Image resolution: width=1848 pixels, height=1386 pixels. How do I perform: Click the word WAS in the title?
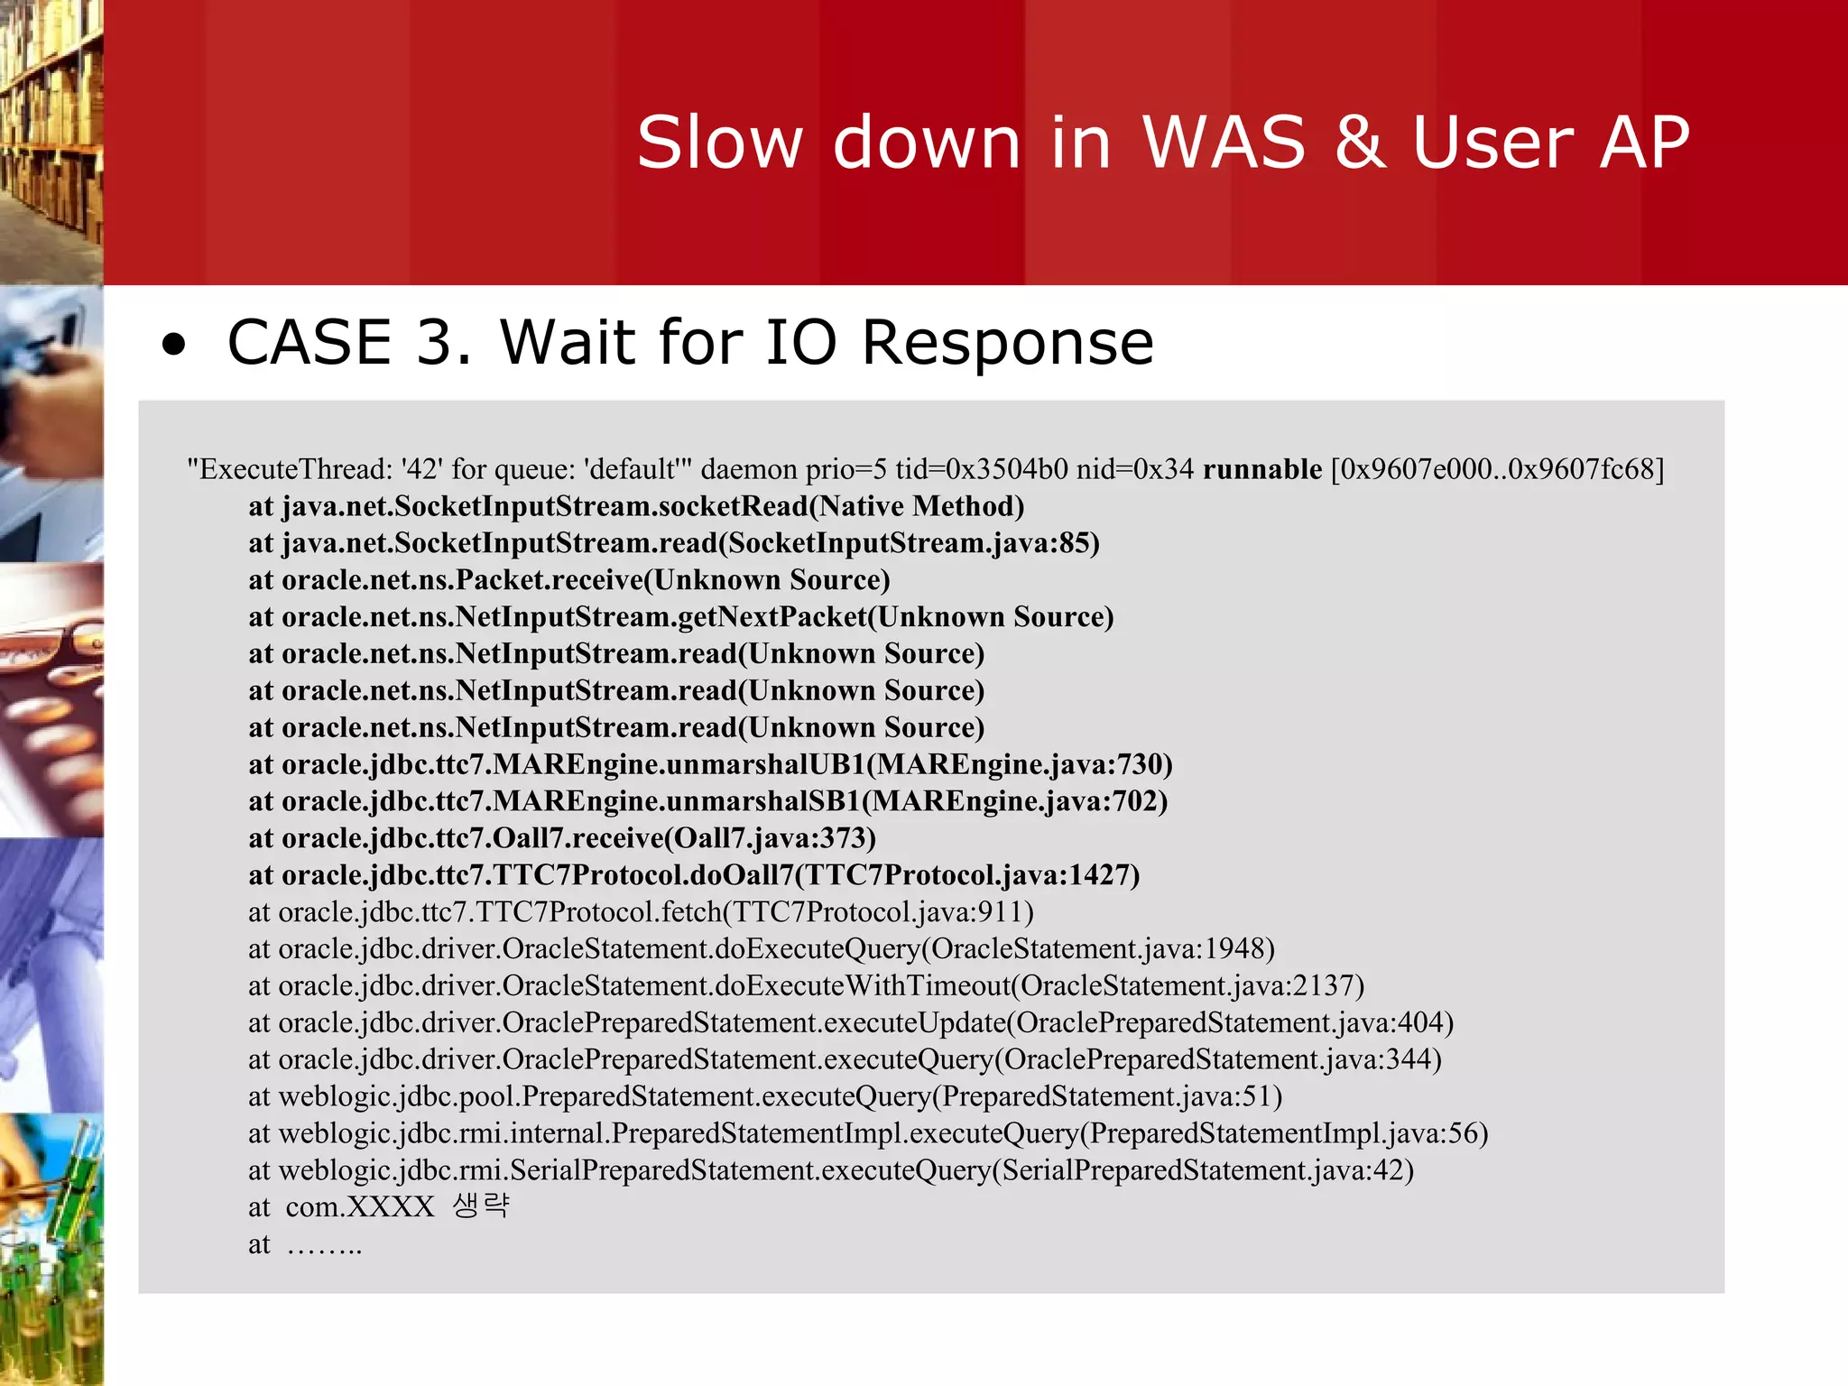click(1224, 143)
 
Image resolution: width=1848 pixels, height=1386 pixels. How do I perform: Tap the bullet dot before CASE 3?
click(173, 345)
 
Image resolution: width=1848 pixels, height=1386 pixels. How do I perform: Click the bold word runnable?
click(1261, 469)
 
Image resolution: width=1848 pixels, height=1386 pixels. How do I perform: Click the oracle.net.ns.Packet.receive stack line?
click(568, 580)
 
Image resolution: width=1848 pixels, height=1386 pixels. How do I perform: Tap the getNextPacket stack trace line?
click(680, 617)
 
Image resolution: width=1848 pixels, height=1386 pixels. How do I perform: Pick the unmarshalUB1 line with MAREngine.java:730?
click(709, 764)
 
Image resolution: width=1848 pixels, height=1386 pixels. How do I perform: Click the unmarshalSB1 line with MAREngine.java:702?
click(707, 801)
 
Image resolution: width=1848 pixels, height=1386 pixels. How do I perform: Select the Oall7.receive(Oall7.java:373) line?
click(561, 838)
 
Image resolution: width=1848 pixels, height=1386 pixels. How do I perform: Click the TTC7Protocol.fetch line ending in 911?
click(641, 912)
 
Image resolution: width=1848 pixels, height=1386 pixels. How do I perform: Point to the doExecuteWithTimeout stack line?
click(805, 985)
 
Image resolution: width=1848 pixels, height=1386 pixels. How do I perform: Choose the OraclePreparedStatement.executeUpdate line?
click(850, 1022)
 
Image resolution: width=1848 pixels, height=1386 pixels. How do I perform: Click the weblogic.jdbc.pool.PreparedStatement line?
click(764, 1096)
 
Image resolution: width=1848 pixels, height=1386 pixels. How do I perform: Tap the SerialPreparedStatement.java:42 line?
click(830, 1170)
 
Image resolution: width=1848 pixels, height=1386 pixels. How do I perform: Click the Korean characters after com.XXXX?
click(481, 1206)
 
